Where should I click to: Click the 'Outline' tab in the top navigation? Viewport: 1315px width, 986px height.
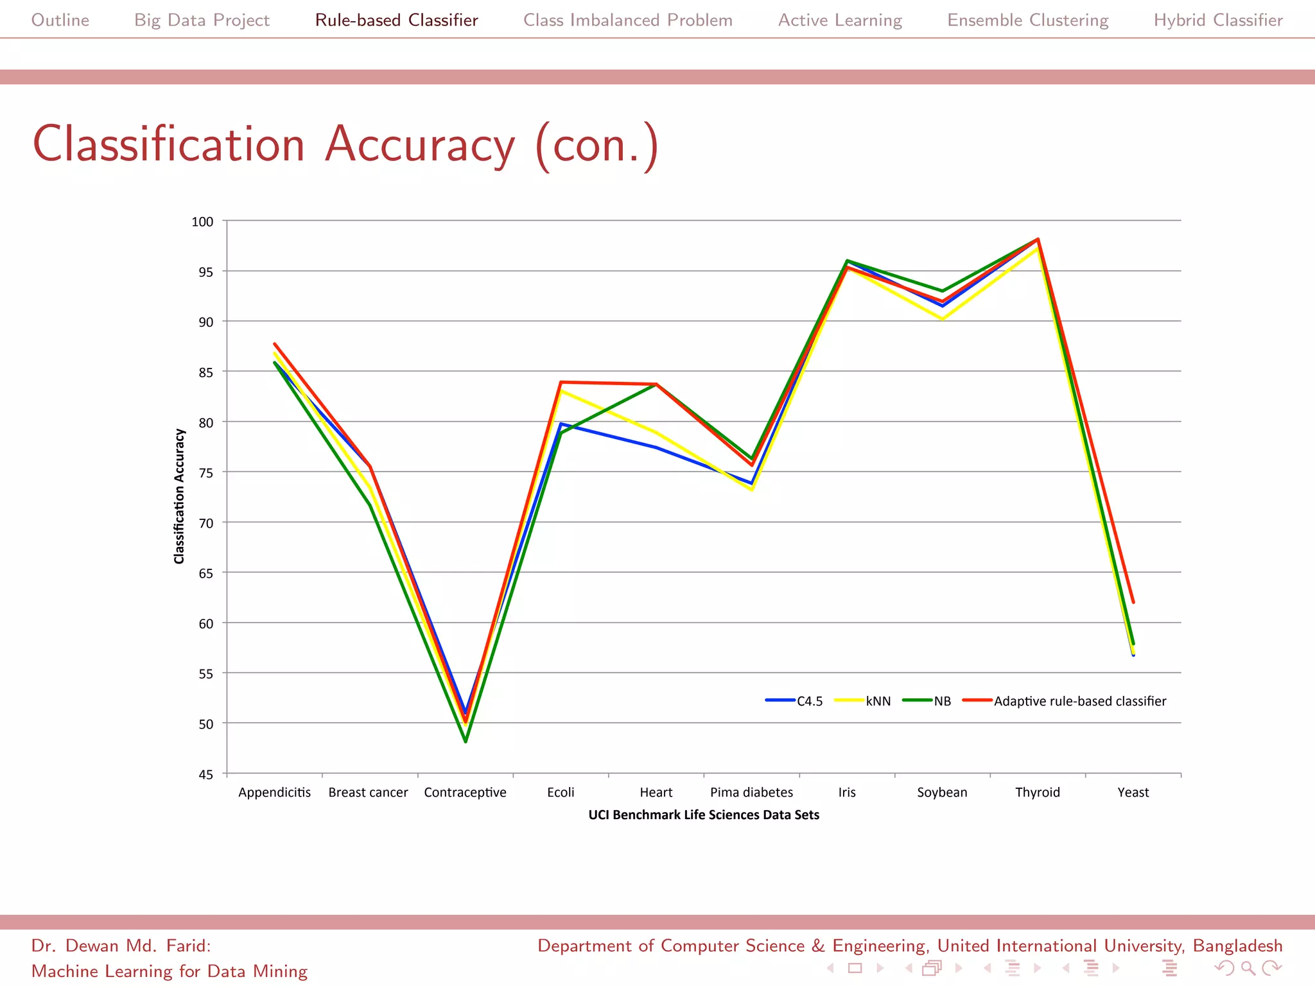pos(60,20)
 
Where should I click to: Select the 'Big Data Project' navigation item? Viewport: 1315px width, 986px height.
pos(202,20)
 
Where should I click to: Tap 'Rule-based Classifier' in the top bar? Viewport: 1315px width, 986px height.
pos(396,20)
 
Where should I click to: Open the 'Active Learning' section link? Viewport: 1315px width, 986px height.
pos(840,20)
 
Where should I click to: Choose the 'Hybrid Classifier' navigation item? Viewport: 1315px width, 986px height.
pos(1218,20)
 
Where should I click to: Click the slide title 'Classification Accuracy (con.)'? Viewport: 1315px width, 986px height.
pos(345,144)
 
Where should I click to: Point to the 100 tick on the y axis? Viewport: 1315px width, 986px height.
pos(202,221)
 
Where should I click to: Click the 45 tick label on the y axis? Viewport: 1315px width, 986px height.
pos(205,774)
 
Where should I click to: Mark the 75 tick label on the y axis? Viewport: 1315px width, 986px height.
pos(205,473)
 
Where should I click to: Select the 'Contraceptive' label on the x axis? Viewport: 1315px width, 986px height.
pos(465,792)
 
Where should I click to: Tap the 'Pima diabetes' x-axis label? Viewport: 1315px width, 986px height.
pos(751,792)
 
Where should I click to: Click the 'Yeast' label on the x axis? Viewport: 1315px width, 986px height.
pos(1133,792)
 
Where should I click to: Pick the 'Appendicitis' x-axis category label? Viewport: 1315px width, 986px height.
pos(274,792)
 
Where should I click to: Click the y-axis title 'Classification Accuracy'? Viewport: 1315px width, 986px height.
pos(179,496)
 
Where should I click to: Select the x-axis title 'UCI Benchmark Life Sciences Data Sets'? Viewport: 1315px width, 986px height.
pos(704,815)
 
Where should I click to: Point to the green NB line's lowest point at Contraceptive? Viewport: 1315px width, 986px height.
pos(466,741)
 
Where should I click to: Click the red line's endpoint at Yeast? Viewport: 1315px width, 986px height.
pos(1133,602)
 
